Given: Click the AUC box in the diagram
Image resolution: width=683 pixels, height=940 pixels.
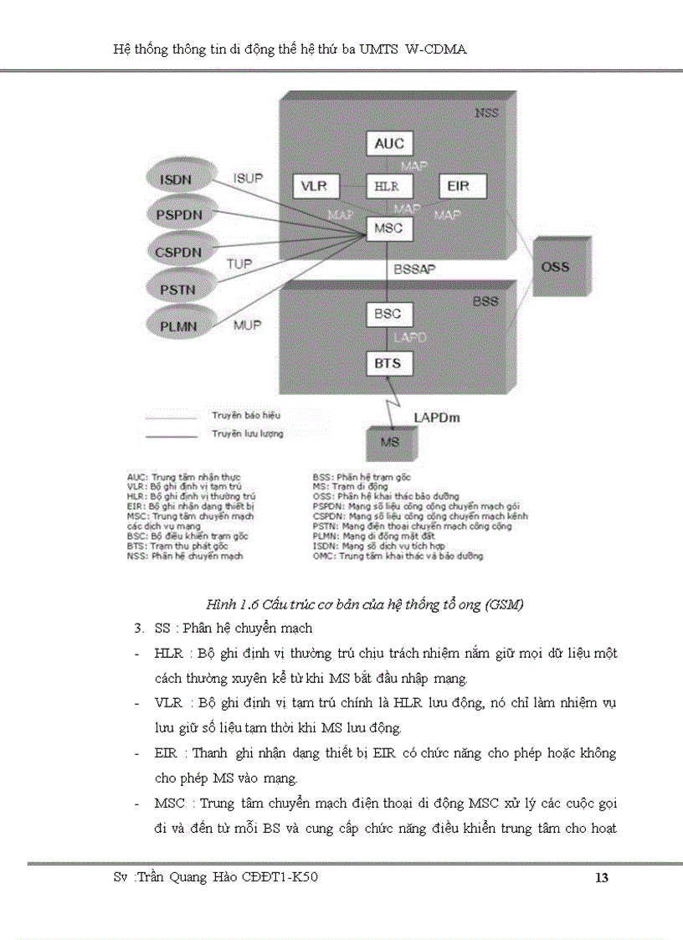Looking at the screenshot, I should (389, 143).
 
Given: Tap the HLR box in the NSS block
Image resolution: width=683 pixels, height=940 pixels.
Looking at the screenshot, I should (388, 186).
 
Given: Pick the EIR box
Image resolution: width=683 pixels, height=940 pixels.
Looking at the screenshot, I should (459, 186).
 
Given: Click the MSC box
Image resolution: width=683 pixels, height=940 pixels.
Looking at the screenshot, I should (388, 228).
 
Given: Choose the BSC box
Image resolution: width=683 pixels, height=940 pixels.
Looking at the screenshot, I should (388, 315).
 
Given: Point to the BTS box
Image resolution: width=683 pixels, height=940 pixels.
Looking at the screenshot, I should (388, 363).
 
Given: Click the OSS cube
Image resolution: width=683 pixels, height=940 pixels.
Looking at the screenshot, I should (554, 268).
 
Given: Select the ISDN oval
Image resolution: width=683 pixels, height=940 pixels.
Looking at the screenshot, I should (177, 179).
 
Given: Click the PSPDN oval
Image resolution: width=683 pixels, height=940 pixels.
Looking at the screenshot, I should (178, 213).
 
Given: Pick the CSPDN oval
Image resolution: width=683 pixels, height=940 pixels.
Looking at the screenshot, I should (178, 251).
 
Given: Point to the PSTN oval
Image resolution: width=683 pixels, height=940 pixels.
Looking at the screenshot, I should (178, 289).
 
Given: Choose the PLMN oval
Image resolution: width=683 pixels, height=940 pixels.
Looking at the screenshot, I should (178, 326).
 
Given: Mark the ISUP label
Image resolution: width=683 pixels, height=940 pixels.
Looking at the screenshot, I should (248, 177).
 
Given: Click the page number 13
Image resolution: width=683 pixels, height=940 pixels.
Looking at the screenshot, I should (600, 878).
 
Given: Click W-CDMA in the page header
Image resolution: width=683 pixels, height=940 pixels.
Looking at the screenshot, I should (435, 50).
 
